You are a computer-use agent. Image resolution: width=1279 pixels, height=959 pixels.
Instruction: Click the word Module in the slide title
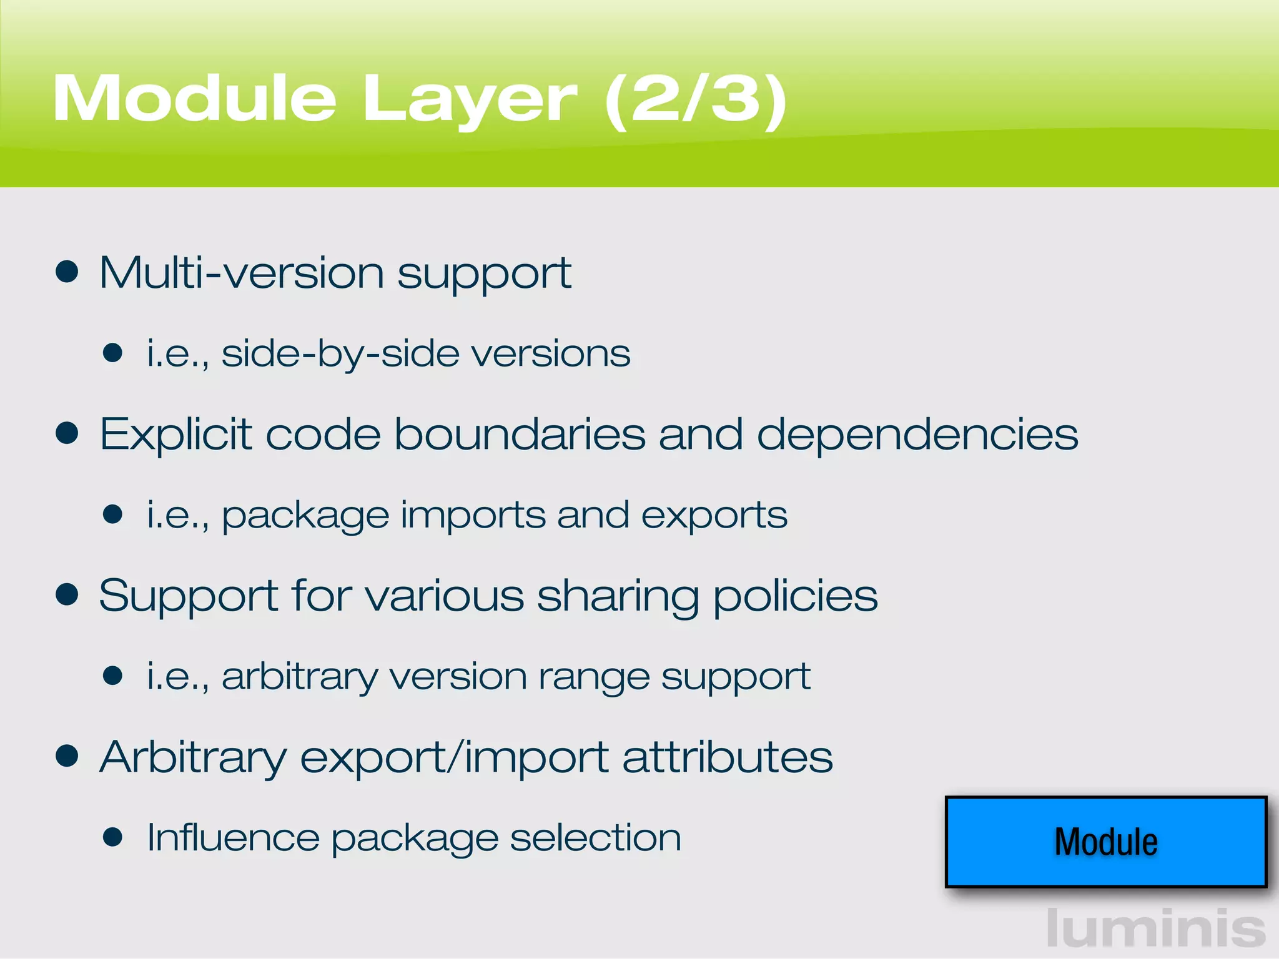pyautogui.click(x=194, y=99)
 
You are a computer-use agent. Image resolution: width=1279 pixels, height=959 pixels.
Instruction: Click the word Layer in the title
pyautogui.click(x=469, y=100)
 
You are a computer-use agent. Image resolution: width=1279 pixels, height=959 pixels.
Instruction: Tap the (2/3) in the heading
pyautogui.click(x=695, y=100)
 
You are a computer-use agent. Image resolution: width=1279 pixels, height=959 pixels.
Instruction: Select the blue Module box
pyautogui.click(x=1105, y=841)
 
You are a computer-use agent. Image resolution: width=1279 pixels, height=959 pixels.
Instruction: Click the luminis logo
pyautogui.click(x=1155, y=928)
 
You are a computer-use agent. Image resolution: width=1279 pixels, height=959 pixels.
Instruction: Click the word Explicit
pyautogui.click(x=175, y=433)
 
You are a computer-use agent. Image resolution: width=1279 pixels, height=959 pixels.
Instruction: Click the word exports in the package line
pyautogui.click(x=714, y=516)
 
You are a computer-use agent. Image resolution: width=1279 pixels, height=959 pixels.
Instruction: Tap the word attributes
pyautogui.click(x=728, y=757)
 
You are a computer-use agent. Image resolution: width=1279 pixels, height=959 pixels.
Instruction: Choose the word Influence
pyautogui.click(x=233, y=837)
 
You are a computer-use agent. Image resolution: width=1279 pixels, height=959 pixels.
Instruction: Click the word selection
pyautogui.click(x=595, y=837)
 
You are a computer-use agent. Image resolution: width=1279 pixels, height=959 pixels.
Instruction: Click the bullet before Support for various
pyautogui.click(x=67, y=595)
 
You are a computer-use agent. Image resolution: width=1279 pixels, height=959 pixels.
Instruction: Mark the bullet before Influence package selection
pyautogui.click(x=112, y=837)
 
